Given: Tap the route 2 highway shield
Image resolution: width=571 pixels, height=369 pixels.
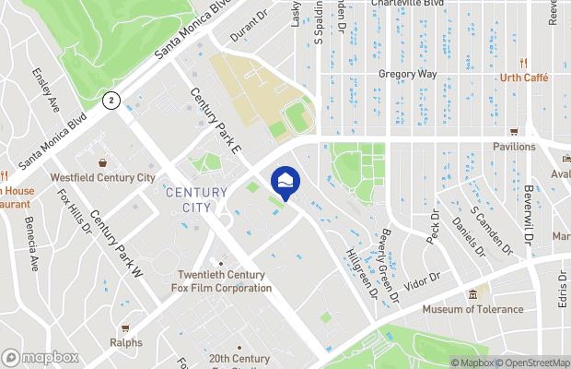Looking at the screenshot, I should (x=112, y=100).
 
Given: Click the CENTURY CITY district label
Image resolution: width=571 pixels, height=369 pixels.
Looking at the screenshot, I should (x=196, y=199).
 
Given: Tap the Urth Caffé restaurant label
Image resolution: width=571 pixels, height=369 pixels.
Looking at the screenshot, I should (x=527, y=77).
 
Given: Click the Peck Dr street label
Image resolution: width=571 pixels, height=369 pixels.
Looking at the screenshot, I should (x=435, y=226).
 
